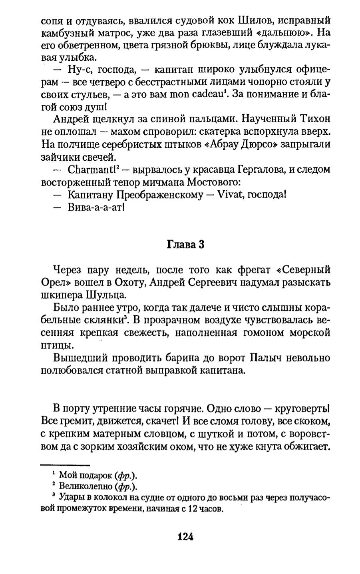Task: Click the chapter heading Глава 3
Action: [x=185, y=244]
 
